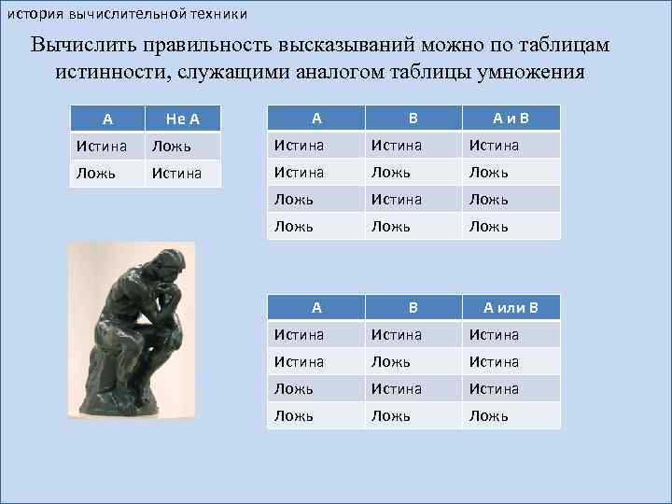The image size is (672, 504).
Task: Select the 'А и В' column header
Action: click(511, 118)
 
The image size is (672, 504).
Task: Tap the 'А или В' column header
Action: click(511, 307)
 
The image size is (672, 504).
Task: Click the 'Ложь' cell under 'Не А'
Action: click(172, 146)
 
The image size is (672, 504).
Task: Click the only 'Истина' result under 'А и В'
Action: click(496, 145)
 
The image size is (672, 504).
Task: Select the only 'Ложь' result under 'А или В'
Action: click(489, 415)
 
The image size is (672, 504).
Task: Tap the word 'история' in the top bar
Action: click(32, 13)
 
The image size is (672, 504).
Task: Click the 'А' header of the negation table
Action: click(108, 119)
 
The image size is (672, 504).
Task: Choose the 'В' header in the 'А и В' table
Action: click(413, 118)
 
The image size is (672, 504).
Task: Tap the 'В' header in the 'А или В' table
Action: click(413, 307)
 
